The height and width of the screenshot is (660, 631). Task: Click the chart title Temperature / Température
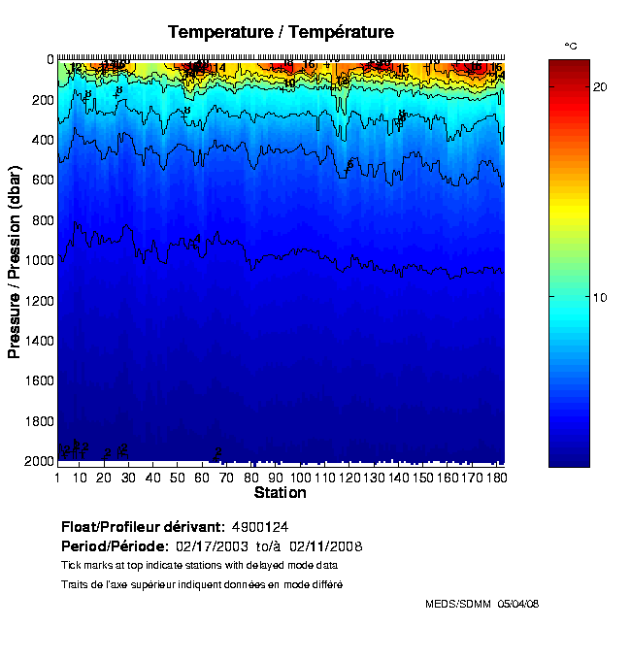coord(281,32)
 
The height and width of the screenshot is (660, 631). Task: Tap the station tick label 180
coord(495,478)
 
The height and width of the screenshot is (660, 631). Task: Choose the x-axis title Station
coord(281,493)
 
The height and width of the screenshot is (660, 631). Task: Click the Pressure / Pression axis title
coord(15,260)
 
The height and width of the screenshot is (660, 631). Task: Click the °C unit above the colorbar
coord(571,47)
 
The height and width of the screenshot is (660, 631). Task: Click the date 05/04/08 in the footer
coord(518,604)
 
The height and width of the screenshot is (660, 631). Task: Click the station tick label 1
coord(58,478)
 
